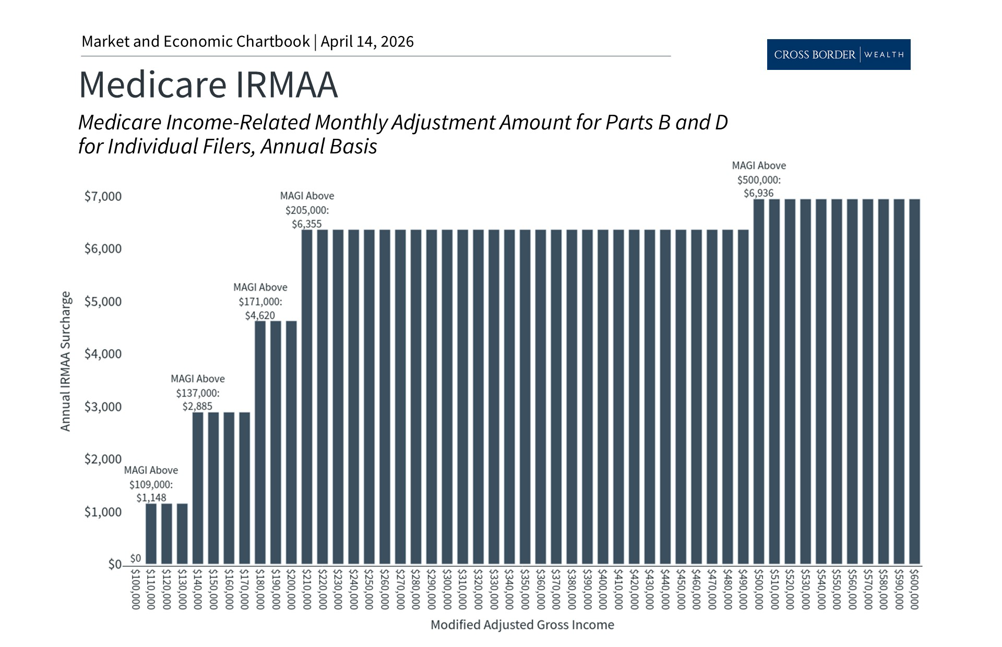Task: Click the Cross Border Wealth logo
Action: pyautogui.click(x=838, y=54)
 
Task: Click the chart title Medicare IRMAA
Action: pyautogui.click(x=208, y=85)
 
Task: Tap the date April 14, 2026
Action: pyautogui.click(x=367, y=42)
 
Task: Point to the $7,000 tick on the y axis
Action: pyautogui.click(x=103, y=197)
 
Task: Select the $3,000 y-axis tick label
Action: pyautogui.click(x=103, y=406)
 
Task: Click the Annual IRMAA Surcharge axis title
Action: pyautogui.click(x=65, y=361)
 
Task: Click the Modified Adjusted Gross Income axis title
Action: pyautogui.click(x=522, y=625)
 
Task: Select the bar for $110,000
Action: pyautogui.click(x=151, y=534)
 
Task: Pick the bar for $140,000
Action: pyautogui.click(x=198, y=488)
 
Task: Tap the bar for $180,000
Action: pyautogui.click(x=260, y=443)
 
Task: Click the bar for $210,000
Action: pyautogui.click(x=307, y=397)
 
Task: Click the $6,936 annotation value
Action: pyautogui.click(x=758, y=193)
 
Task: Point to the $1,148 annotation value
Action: pyautogui.click(x=151, y=498)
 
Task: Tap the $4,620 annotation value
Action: pyautogui.click(x=260, y=315)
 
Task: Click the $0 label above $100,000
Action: pyautogui.click(x=135, y=558)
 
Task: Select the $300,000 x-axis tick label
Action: pyautogui.click(x=447, y=589)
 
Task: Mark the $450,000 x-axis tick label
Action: pyautogui.click(x=681, y=589)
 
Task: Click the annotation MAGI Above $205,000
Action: pyautogui.click(x=307, y=203)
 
